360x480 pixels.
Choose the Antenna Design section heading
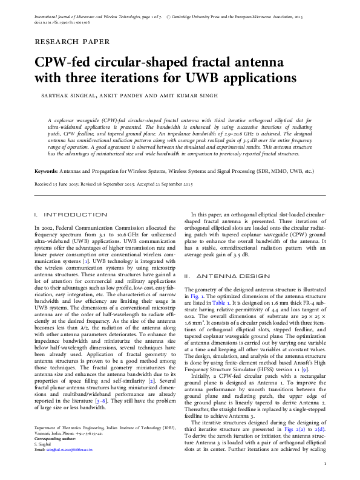coord(226,276)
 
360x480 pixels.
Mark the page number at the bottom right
coord(325,464)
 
